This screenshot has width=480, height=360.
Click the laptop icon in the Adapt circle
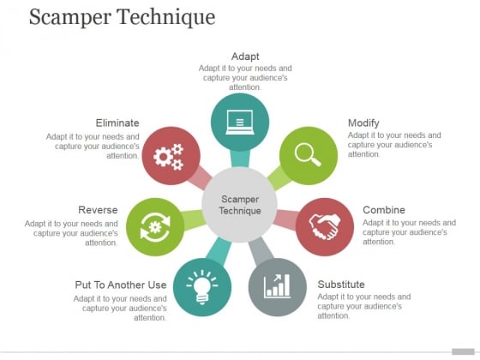[x=240, y=122]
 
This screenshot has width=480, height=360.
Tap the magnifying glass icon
[x=308, y=154]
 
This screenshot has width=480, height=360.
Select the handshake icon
[x=325, y=226]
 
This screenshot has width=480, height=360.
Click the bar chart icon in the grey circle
[x=277, y=286]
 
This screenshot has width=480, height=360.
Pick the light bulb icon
[x=202, y=287]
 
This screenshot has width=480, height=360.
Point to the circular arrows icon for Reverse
[x=155, y=227]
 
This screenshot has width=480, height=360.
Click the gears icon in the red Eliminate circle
[x=168, y=156]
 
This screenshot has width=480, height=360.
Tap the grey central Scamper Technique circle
[x=240, y=205]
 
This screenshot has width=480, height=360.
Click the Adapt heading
[x=245, y=57]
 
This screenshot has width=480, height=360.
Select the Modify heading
[x=363, y=123]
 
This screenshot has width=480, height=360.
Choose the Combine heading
[x=384, y=210]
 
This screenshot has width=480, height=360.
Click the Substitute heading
[x=341, y=285]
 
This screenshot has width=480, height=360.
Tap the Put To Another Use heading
[x=121, y=285]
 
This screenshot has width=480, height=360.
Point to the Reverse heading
[x=98, y=210]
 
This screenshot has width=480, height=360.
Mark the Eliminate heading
[x=117, y=123]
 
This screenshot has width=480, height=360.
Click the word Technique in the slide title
[x=166, y=17]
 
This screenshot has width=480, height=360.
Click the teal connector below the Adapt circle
[x=240, y=159]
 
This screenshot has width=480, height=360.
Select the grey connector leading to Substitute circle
[x=261, y=250]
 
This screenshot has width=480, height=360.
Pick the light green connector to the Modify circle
[x=279, y=178]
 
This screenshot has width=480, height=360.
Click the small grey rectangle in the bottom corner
[x=463, y=351]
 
